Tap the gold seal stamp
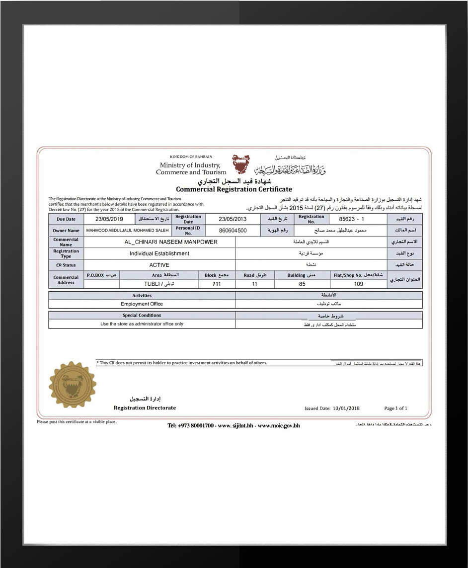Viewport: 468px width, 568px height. [72, 385]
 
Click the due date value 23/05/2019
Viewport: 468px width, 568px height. [109, 219]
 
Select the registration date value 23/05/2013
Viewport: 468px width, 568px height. [233, 219]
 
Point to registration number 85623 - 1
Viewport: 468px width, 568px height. [351, 219]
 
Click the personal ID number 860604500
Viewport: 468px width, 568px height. [233, 231]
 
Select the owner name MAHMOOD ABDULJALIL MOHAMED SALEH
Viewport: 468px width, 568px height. [127, 231]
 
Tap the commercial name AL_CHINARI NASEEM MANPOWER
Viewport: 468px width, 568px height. [170, 242]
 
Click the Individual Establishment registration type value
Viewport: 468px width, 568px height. [159, 253]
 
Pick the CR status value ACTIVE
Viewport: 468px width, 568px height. [159, 265]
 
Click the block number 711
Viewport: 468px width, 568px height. [216, 284]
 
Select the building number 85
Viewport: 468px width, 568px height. [302, 284]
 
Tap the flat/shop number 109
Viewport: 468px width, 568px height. [358, 284]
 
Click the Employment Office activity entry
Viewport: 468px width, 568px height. [142, 304]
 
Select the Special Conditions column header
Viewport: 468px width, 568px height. [142, 315]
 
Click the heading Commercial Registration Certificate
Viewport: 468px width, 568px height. [234, 189]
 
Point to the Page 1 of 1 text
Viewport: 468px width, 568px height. [395, 408]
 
